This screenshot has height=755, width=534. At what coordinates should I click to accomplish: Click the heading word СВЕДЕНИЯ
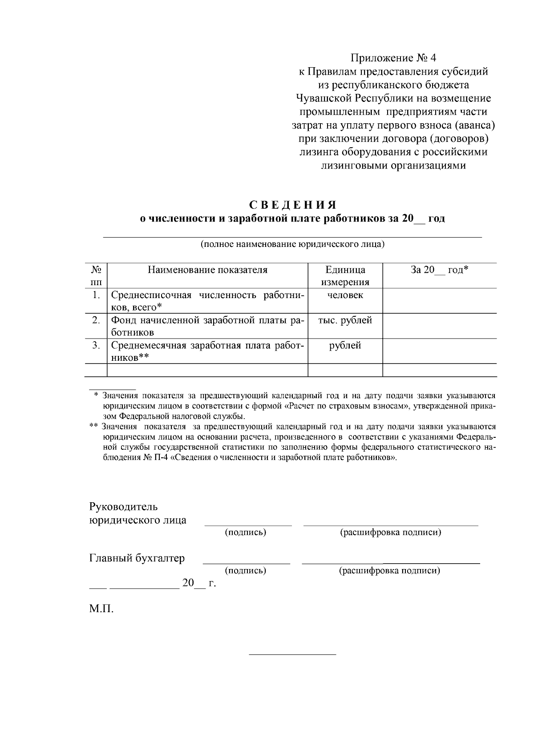point(292,205)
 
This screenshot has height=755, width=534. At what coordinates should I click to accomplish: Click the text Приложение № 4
point(394,58)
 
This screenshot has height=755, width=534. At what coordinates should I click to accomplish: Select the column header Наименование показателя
point(207,270)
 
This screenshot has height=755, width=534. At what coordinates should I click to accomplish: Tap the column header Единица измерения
point(345,276)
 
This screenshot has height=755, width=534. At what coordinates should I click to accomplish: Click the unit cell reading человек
point(345,295)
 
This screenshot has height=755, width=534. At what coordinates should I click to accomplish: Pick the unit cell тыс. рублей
point(345,320)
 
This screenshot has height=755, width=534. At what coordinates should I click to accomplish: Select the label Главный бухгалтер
point(137,558)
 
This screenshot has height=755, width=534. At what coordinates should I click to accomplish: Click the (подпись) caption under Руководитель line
point(246,533)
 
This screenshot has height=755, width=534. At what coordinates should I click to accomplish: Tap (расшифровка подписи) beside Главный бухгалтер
point(390,571)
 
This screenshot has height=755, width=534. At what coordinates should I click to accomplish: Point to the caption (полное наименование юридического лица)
point(292,244)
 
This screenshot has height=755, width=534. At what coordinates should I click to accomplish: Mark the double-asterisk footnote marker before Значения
point(93,426)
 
